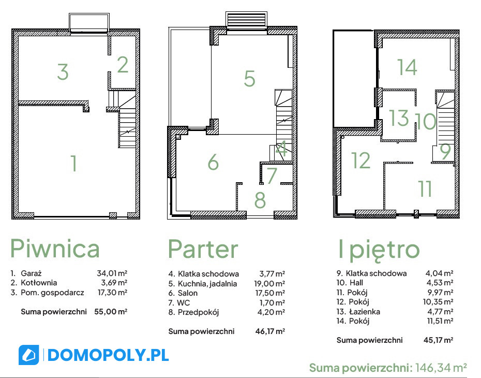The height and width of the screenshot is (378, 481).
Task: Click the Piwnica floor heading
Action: coord(55,249)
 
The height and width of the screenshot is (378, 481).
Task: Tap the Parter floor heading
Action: coord(203,249)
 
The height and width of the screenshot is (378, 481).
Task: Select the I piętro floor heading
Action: coord(379,250)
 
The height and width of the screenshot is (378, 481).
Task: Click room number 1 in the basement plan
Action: coord(73,163)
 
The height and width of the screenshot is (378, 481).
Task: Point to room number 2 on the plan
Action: coord(123,65)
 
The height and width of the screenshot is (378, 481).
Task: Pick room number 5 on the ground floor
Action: coord(249,79)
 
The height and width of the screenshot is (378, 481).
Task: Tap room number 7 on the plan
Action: coord(272,176)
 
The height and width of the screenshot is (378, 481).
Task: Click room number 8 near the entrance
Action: coord(260,200)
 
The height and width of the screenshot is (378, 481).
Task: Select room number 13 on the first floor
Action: coord(399,118)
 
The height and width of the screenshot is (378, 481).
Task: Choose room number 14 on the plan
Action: coord(407,67)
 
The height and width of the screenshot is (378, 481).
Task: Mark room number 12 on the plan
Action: coord(361,160)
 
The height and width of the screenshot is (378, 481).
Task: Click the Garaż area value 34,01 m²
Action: coord(112,273)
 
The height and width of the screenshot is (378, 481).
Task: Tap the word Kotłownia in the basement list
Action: coord(39,283)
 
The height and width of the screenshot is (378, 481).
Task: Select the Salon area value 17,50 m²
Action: coord(270,293)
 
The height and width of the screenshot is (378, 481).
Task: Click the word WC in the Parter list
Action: coord(184,303)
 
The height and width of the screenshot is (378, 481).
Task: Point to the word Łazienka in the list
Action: coord(365,312)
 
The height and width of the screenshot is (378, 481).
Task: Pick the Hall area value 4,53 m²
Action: coord(440,283)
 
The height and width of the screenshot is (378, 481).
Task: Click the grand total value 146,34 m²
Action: coord(441,367)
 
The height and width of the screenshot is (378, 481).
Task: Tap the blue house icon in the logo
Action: coord(29,355)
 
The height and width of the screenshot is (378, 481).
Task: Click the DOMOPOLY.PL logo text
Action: coord(108,355)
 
